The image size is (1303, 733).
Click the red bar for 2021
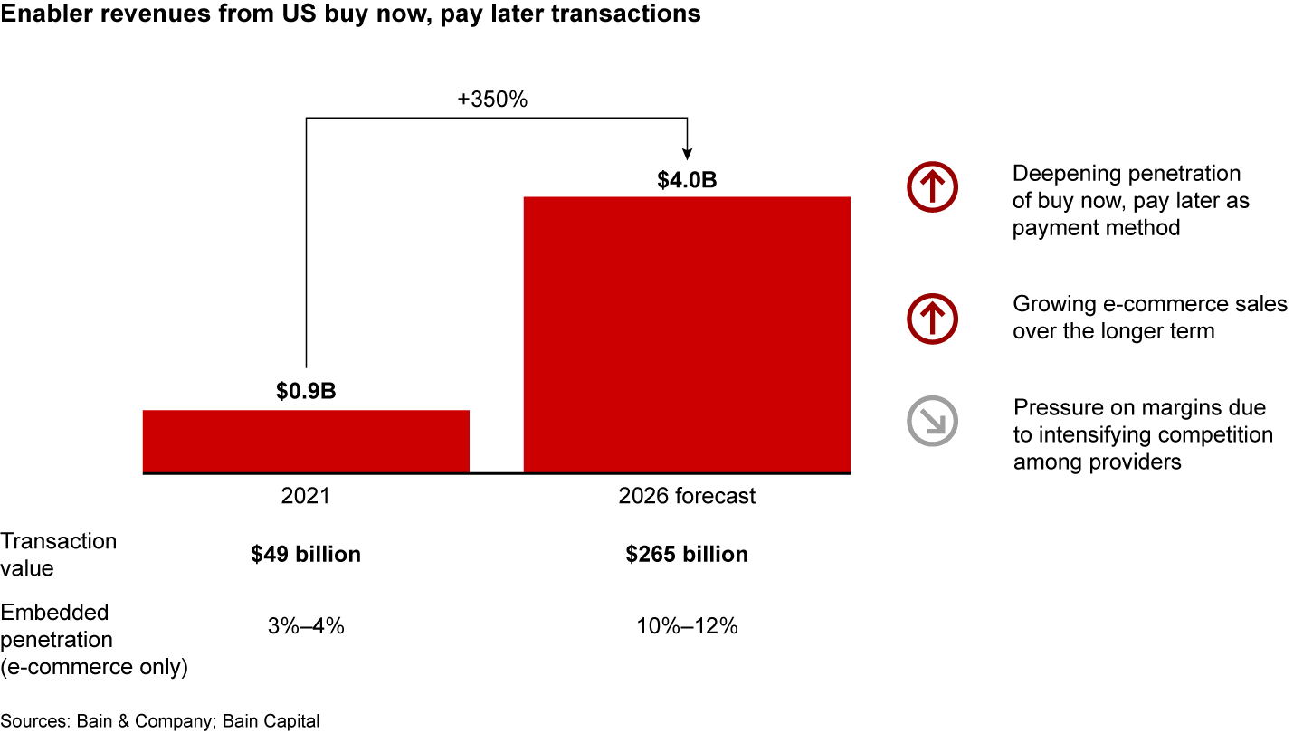(x=306, y=441)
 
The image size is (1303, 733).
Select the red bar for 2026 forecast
(x=687, y=335)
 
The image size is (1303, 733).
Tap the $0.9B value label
(x=306, y=392)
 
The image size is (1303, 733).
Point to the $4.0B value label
(x=687, y=179)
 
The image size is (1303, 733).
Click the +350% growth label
(x=492, y=100)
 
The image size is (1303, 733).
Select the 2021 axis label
(x=306, y=496)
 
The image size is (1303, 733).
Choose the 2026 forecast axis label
(x=687, y=496)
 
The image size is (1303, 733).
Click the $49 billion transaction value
(x=306, y=554)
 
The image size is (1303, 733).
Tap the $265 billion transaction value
(x=687, y=554)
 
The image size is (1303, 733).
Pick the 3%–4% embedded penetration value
(x=306, y=625)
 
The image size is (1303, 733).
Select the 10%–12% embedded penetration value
(x=687, y=625)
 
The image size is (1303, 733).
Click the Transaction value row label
(x=58, y=554)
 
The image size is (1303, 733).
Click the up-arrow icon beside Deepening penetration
(x=932, y=187)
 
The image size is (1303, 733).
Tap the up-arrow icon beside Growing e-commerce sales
(x=932, y=318)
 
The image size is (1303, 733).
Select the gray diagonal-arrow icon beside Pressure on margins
(x=932, y=421)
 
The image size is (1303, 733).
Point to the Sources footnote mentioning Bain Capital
(x=160, y=720)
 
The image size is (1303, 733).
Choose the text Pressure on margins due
(x=1139, y=407)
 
